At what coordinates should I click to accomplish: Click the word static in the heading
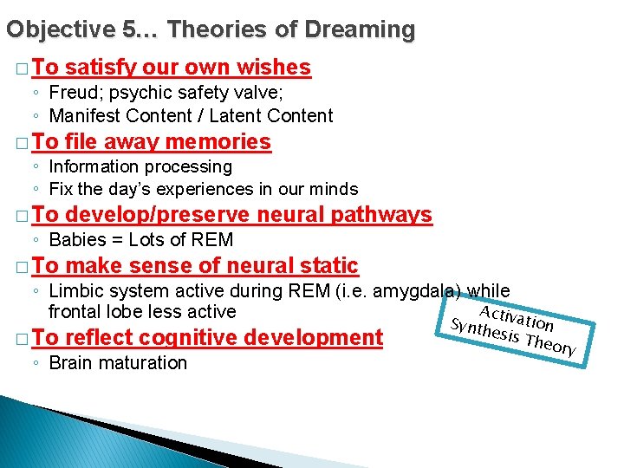(x=325, y=266)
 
